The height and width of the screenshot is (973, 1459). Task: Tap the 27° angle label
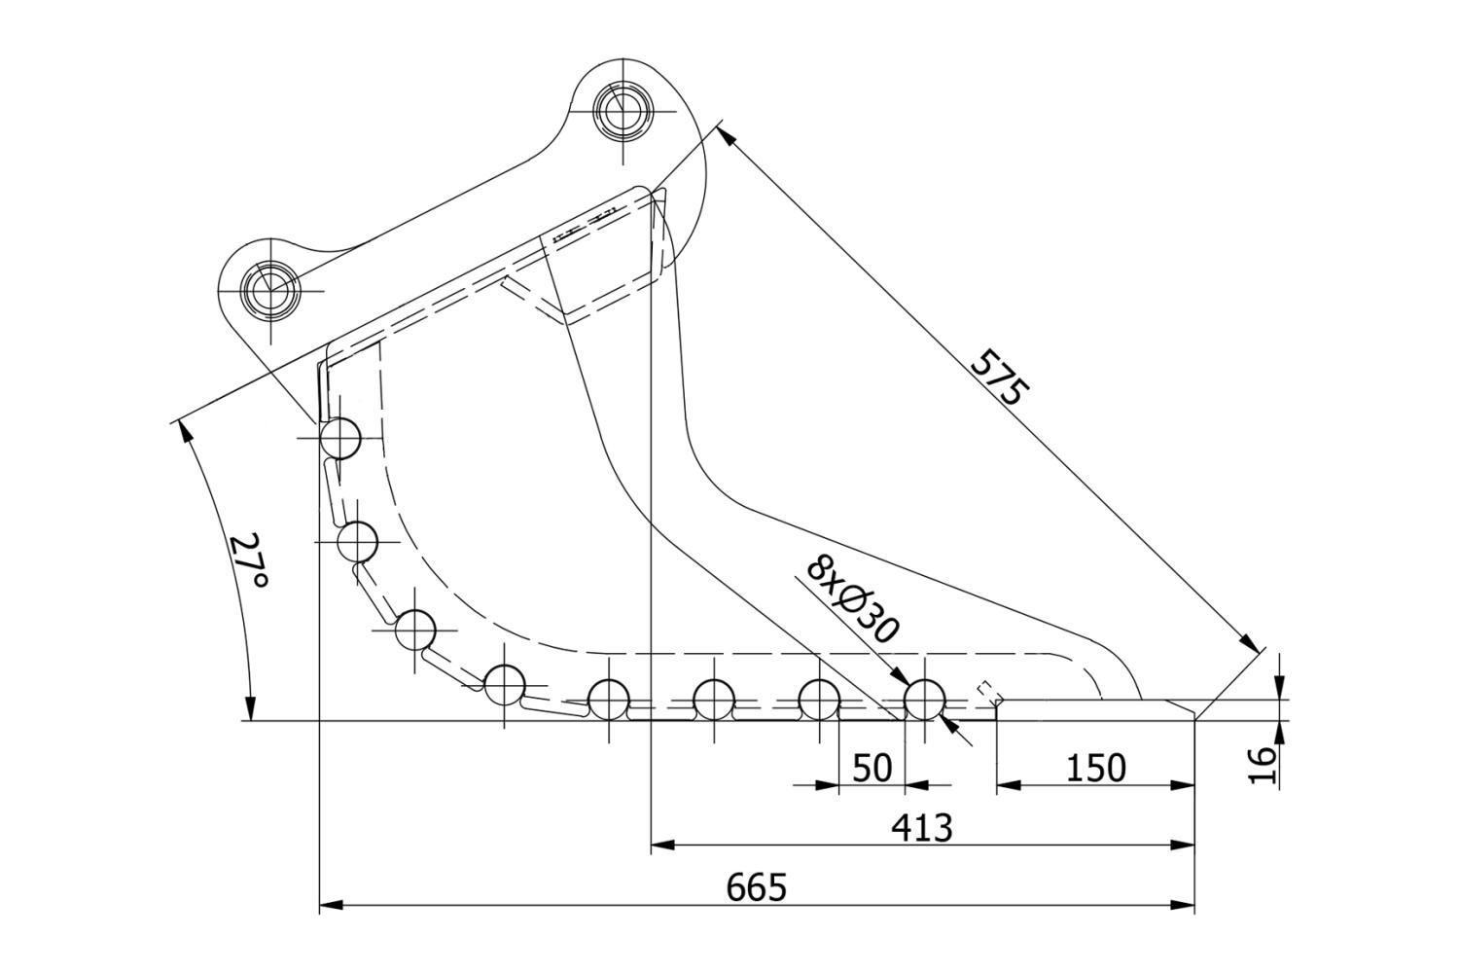pos(249,561)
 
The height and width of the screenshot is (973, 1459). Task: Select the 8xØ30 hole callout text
pos(852,601)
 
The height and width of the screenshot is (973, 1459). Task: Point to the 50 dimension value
pos(872,768)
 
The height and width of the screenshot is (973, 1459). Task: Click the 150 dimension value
pos(1096,768)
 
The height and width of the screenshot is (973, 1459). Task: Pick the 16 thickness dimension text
pos(1262,766)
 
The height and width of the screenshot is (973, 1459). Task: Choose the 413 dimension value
pos(922,828)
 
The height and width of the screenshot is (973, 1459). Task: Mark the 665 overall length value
pos(757,887)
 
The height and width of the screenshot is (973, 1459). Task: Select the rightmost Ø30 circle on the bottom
pos(925,700)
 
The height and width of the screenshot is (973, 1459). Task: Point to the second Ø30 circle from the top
pos(357,541)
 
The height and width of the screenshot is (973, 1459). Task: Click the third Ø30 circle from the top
pos(416,630)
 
